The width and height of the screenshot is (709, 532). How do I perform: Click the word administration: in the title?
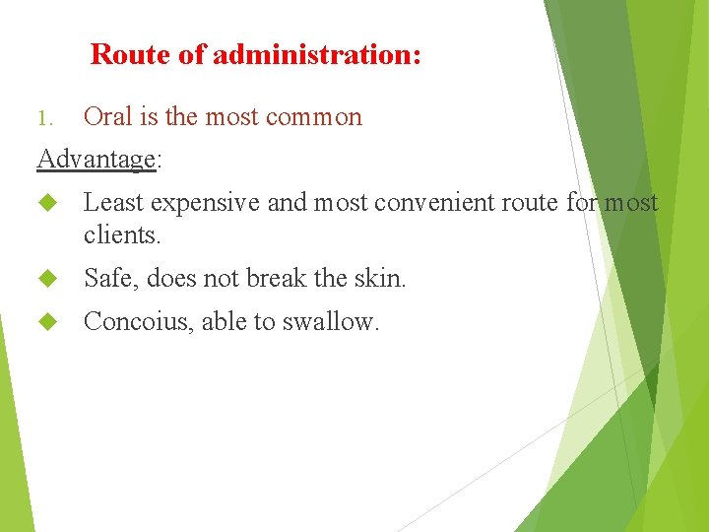coord(317,54)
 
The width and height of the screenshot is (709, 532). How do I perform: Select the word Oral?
coord(107,116)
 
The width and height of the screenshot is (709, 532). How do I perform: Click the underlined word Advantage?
coord(96,159)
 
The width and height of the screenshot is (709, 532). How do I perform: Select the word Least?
coord(111,203)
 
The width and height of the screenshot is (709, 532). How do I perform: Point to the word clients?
coord(121,236)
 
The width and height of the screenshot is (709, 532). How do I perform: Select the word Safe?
coord(111,280)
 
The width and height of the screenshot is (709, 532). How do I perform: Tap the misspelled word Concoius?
coord(139,322)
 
